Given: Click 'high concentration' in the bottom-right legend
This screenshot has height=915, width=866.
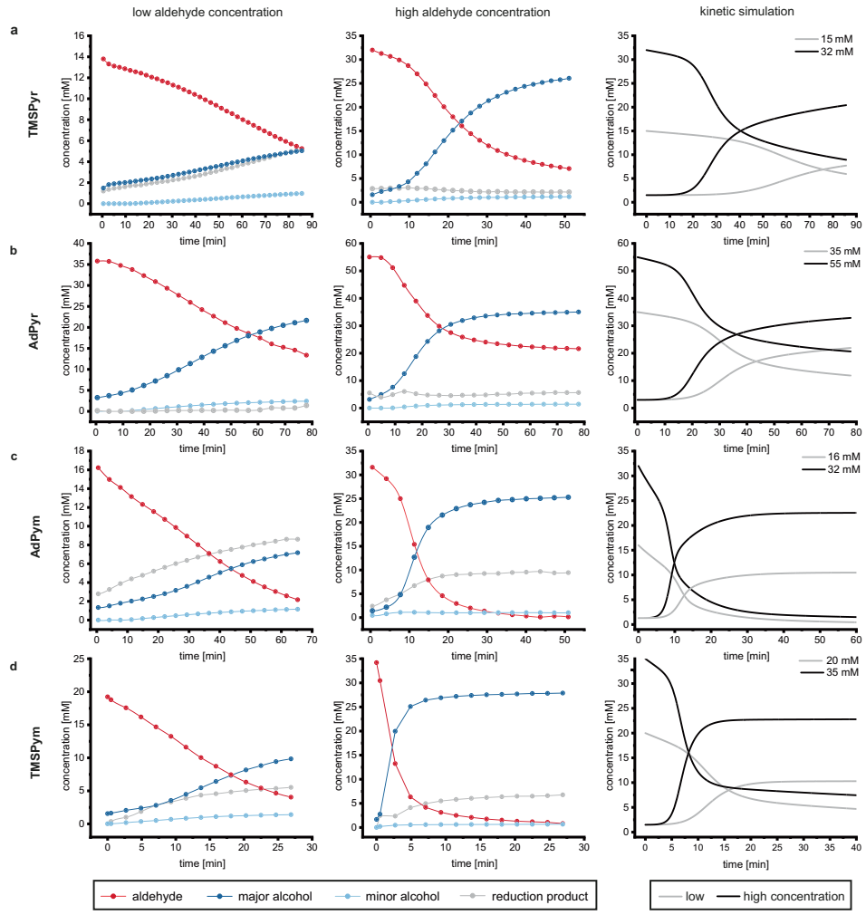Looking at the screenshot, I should pyautogui.click(x=793, y=897).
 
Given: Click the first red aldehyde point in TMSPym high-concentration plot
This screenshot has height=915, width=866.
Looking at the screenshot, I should pyautogui.click(x=376, y=663).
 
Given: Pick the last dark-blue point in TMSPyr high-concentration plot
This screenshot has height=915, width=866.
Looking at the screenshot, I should pyautogui.click(x=568, y=79).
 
